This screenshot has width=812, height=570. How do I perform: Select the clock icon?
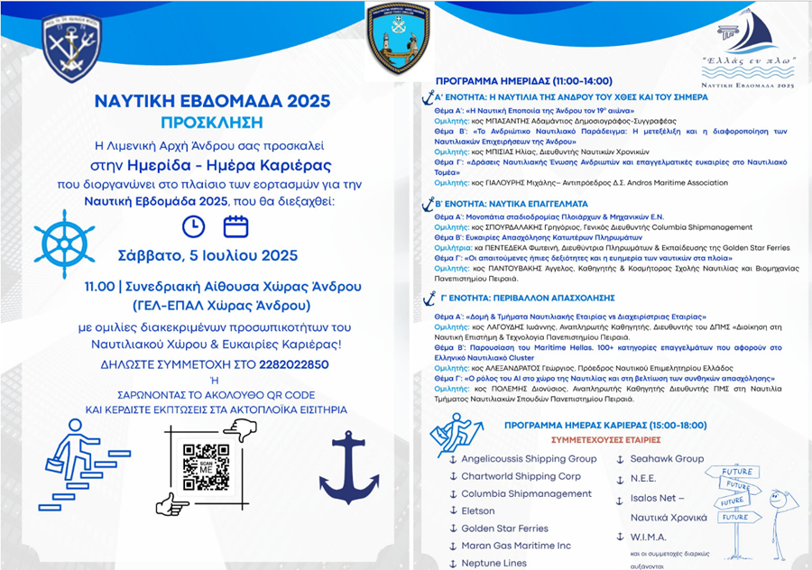[194, 225]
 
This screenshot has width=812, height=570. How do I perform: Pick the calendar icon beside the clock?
[235, 225]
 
